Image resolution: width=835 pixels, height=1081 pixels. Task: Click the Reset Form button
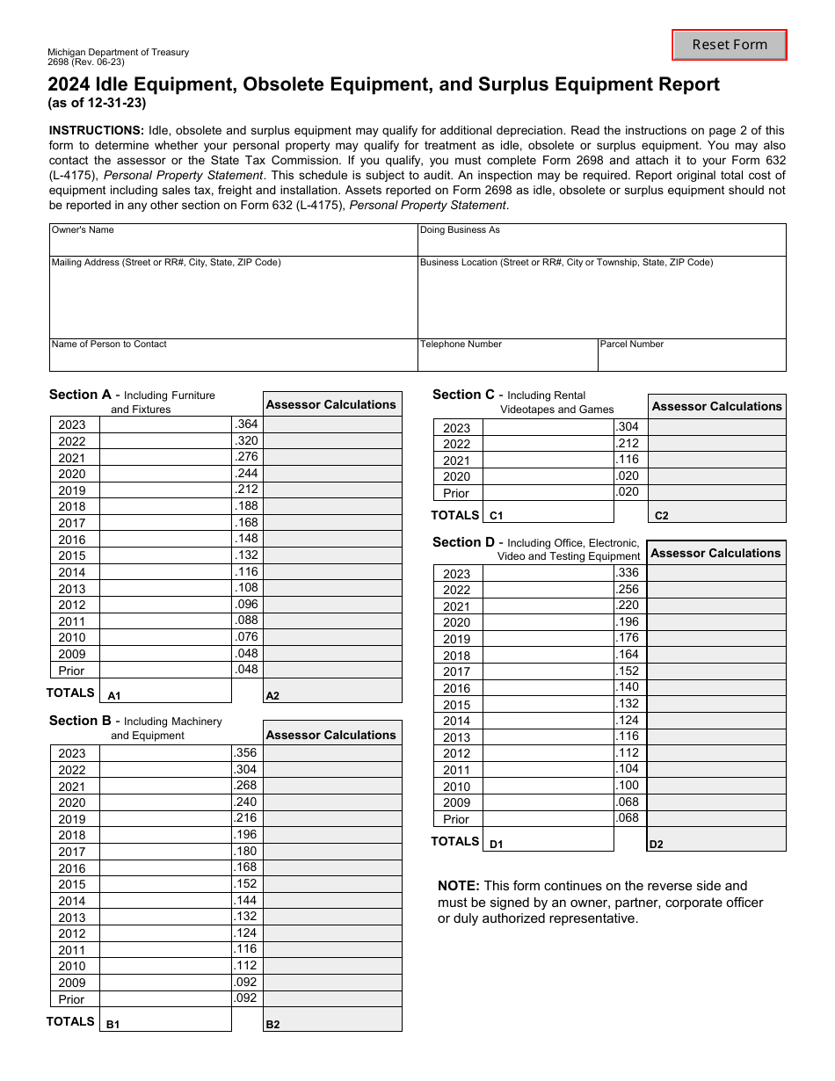tap(729, 45)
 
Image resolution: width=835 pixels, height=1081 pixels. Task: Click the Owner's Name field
tap(233, 240)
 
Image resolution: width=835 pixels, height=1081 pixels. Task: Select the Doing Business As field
tap(601, 240)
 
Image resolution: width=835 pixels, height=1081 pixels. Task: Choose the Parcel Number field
tap(691, 355)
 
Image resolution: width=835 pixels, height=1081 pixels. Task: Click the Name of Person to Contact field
tap(233, 355)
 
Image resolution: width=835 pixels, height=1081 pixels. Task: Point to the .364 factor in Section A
tap(246, 424)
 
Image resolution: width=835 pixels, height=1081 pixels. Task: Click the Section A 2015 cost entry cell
tap(165, 555)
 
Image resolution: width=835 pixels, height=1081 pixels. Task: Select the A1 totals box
tap(165, 691)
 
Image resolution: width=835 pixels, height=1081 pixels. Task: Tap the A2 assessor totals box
tap(332, 691)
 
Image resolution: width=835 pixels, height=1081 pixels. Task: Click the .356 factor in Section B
tap(246, 753)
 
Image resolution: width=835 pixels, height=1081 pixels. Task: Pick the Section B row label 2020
tap(72, 802)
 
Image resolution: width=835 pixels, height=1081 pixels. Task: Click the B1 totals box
tap(165, 1019)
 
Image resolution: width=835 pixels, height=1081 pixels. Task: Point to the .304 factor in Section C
tap(628, 427)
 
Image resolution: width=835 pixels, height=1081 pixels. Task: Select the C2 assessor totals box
tap(716, 511)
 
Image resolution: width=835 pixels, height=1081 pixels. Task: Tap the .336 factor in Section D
tap(628, 573)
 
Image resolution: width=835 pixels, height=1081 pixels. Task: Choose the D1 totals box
tap(547, 839)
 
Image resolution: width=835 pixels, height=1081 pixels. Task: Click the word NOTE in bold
tap(459, 886)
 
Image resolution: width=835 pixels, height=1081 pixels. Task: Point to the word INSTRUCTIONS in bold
tap(97, 130)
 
